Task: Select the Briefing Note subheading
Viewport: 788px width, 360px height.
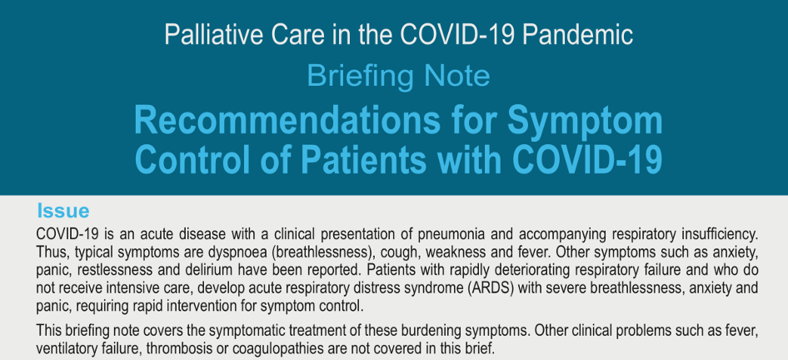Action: (x=398, y=77)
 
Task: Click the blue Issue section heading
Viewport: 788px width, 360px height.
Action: (x=63, y=211)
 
